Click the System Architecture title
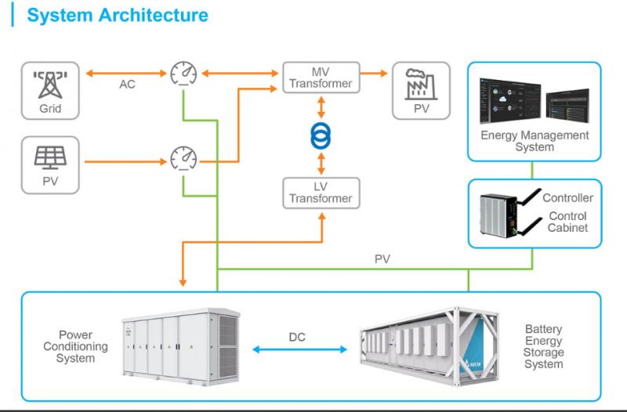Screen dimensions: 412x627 pos(118,16)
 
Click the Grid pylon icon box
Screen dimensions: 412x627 pos(50,91)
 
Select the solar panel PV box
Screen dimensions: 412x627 pos(50,164)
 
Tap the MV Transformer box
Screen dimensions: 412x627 pos(321,78)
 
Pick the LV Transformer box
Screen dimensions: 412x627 pos(321,193)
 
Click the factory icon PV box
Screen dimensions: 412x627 pos(421,91)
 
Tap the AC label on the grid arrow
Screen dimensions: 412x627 pos(127,84)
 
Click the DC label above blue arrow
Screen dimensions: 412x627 pos(297,338)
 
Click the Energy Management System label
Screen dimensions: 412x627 pos(535,141)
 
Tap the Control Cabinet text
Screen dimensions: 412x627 pos(568,222)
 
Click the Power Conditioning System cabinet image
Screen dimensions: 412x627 pos(179,345)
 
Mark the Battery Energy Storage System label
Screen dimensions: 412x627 pos(544,347)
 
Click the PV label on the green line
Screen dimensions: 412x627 pos(382,258)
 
